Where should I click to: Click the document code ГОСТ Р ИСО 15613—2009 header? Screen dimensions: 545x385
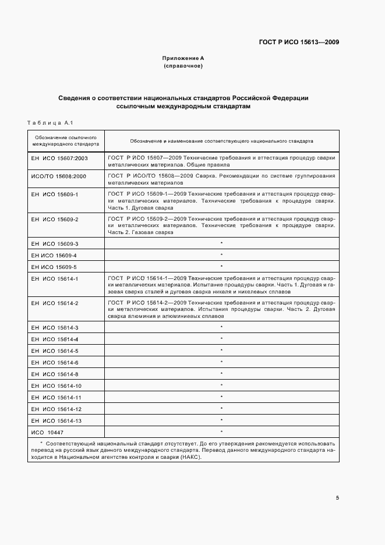tap(298, 43)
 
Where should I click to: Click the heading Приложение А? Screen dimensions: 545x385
tap(183, 59)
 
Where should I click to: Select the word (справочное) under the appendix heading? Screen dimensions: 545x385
tap(183, 66)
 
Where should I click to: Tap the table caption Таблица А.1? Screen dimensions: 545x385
tap(48, 122)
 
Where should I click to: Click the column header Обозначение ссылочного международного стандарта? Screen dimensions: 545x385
tap(65, 140)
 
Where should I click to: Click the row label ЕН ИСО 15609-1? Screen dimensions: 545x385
tap(54, 193)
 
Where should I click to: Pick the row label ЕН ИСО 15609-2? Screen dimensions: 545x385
tap(54, 219)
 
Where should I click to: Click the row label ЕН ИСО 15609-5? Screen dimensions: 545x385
tap(54, 267)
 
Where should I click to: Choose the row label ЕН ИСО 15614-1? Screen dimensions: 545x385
tap(54, 279)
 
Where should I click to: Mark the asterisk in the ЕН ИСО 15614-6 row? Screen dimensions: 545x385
tap(221, 362)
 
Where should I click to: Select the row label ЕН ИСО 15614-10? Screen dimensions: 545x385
tap(56, 385)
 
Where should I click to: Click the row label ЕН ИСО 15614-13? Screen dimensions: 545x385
tap(56, 420)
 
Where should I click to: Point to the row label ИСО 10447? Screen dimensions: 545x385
tap(47, 432)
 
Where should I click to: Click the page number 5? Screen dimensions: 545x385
tap(338, 498)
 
